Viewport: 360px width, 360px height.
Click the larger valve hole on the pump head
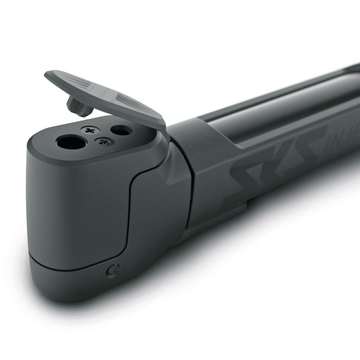pyautogui.click(x=72, y=143)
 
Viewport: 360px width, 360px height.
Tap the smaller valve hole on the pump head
pyautogui.click(x=121, y=130)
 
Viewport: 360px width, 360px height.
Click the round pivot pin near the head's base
pyautogui.click(x=112, y=270)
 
